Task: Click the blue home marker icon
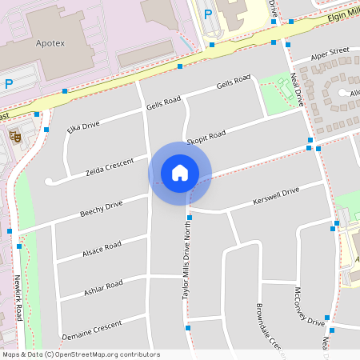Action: (180, 172)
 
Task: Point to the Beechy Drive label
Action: (101, 209)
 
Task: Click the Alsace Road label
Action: (101, 250)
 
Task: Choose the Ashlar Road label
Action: (103, 289)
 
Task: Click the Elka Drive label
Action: (83, 126)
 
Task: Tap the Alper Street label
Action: (331, 53)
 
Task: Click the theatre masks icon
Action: (14, 137)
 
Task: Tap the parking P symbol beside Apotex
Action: (9, 83)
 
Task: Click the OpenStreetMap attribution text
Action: (82, 354)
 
